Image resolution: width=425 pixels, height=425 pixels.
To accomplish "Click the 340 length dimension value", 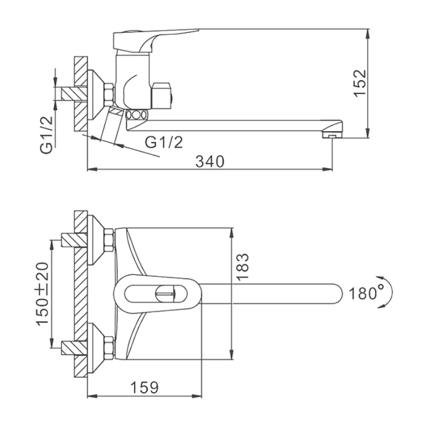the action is pyautogui.click(x=210, y=162).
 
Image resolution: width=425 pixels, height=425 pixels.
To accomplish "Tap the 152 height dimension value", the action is pyautogui.click(x=360, y=83).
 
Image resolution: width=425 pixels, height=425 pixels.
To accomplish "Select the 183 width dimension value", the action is pyautogui.click(x=242, y=267).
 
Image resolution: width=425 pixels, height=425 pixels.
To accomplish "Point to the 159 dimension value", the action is pyautogui.click(x=145, y=388).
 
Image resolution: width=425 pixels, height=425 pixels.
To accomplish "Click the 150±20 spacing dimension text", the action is pyautogui.click(x=42, y=294).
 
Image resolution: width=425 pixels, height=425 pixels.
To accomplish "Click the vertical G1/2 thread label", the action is pyautogui.click(x=46, y=135).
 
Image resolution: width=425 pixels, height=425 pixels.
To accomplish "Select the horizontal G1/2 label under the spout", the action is pyautogui.click(x=164, y=142).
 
